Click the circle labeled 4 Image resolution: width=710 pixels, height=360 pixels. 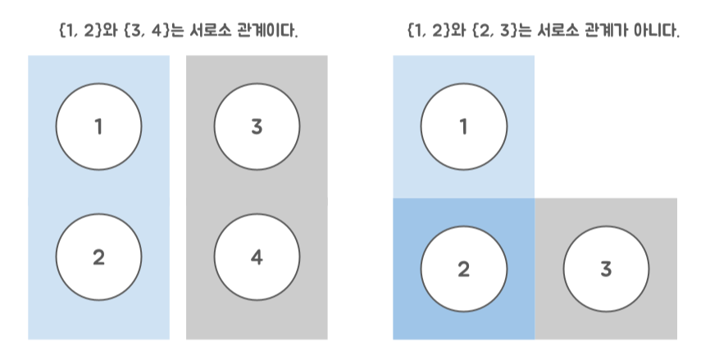coord(257,257)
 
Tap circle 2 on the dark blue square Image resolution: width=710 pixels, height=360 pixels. coord(463,269)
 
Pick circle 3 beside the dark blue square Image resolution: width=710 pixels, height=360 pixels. coord(606,269)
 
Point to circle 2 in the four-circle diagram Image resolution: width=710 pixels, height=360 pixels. coord(98,257)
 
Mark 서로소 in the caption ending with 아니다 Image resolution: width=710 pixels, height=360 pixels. coord(566,33)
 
